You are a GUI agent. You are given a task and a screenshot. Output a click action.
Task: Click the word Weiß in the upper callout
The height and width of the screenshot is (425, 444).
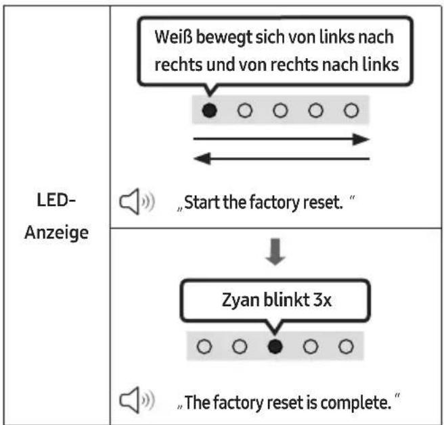[x=173, y=36]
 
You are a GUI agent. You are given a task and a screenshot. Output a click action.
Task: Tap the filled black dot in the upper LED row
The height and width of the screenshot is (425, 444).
[x=210, y=110]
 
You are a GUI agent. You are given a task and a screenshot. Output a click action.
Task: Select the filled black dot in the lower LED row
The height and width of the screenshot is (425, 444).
[x=275, y=347]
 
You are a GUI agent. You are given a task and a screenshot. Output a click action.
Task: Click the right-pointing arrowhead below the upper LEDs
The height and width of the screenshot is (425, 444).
[x=361, y=139]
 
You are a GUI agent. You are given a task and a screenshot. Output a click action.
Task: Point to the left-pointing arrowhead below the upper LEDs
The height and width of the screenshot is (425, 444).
[x=202, y=158]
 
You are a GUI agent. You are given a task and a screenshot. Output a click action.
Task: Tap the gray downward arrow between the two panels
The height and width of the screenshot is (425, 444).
[x=275, y=251]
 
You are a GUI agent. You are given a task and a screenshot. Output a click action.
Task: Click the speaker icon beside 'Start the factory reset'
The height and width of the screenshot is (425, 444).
[x=137, y=201]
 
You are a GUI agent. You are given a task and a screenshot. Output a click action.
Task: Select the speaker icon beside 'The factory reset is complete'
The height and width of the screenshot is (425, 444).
[x=137, y=400]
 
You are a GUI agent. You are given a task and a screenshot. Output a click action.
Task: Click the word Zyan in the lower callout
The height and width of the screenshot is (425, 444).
[x=241, y=300]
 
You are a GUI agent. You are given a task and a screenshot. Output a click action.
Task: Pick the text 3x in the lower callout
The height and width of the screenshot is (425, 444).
[x=322, y=300]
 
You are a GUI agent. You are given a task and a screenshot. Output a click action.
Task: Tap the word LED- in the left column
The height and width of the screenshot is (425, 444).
[x=56, y=199]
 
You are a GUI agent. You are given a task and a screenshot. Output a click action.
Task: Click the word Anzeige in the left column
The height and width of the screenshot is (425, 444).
[x=57, y=232]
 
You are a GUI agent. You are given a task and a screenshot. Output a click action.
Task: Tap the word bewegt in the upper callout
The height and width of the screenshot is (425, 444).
[x=224, y=37]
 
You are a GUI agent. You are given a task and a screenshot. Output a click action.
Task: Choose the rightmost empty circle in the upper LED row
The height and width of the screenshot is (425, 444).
[x=351, y=110]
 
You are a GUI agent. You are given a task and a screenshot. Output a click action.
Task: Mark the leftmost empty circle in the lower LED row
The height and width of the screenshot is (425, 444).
[x=204, y=347]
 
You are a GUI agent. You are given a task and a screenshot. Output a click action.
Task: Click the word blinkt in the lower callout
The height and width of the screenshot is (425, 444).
[x=286, y=300]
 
